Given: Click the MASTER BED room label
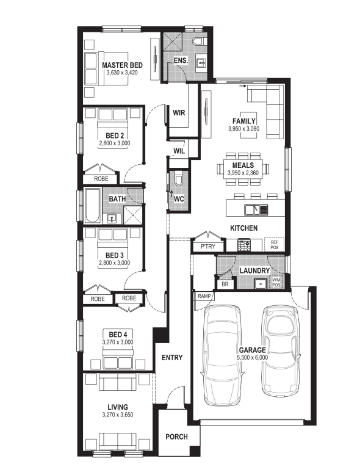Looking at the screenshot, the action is tap(122, 65).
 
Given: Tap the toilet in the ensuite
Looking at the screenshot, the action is tap(200, 41).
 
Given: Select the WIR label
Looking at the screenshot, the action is tap(179, 113).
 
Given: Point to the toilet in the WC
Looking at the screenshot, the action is tap(178, 179).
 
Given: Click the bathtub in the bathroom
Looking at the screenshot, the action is tap(93, 206).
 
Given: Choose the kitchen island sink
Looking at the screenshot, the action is tap(256, 209).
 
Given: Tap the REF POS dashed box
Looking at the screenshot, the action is tap(275, 245).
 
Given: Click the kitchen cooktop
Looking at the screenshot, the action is tap(244, 245).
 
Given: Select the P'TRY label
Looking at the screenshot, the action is tap(208, 247).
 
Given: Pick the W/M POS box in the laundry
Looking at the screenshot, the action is tap(276, 282).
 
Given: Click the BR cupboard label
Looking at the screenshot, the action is tap(225, 285).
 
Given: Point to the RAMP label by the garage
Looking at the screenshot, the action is tap(204, 296).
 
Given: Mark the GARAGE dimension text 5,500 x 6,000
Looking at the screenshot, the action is tap(253, 357).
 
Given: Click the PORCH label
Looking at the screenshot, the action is tap(176, 437).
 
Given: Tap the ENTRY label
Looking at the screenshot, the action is tap(172, 358).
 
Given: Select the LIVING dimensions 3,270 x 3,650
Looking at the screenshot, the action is tap(118, 415).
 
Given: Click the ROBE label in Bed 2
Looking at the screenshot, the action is tap(101, 179).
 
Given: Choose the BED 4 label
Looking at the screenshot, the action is tap(118, 335).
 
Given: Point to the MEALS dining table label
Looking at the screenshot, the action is tap(243, 165).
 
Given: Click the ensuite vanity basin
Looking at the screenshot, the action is tap(201, 63).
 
